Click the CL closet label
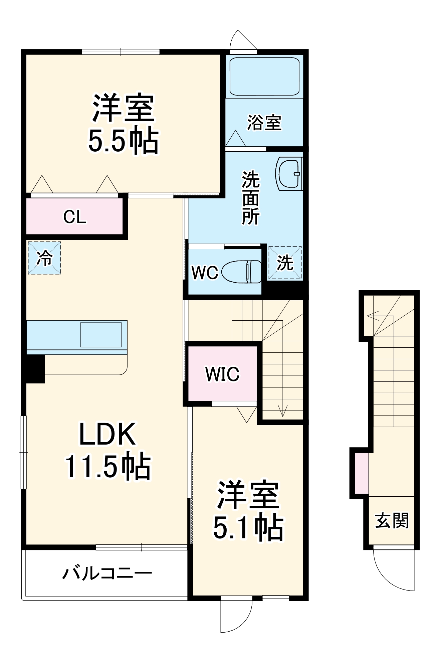tap(75, 217)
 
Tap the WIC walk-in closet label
tap(222, 374)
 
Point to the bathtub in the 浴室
tap(264, 76)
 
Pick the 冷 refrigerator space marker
tap(44, 258)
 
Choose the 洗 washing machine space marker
tap(285, 263)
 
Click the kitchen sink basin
tap(101, 335)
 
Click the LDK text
tap(107, 434)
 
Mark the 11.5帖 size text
tap(108, 467)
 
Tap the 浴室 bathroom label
tap(264, 123)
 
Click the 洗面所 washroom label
tap(251, 198)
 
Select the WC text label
tap(205, 273)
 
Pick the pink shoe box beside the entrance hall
tap(361, 473)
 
